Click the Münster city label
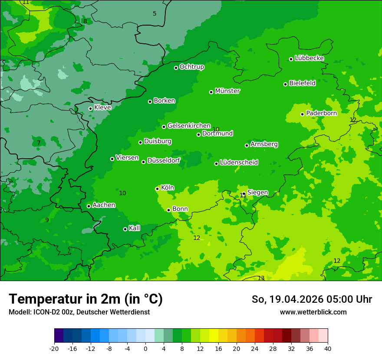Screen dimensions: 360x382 pos(227,91)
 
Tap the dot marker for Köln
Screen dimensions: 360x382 pos(157,189)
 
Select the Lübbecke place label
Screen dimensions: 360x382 pos(309,58)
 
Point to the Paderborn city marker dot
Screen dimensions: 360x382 pos(303,114)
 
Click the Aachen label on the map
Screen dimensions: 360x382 pos(104,205)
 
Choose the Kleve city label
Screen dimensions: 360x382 pos(102,108)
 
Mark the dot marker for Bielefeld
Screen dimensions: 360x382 pos(286,84)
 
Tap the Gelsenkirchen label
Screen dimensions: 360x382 pos(189,126)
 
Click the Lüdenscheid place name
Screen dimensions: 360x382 pos(239,163)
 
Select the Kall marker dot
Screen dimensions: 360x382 pos(125,229)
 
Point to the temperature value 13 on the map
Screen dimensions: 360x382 pos(261,278)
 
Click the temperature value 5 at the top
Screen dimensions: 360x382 pos(155,14)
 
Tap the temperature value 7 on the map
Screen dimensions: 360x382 pos(39,143)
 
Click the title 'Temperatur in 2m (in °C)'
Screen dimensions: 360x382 pos(86,299)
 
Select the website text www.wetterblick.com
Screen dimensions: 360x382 pos(313,312)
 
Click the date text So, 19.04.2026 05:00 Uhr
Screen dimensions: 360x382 pos(312,299)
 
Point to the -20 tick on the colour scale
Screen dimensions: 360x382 pos(54,348)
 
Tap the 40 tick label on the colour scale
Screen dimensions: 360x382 pos(328,348)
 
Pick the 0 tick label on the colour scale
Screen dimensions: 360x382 pos(145,348)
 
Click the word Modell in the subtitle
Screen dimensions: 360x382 pos(19,312)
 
